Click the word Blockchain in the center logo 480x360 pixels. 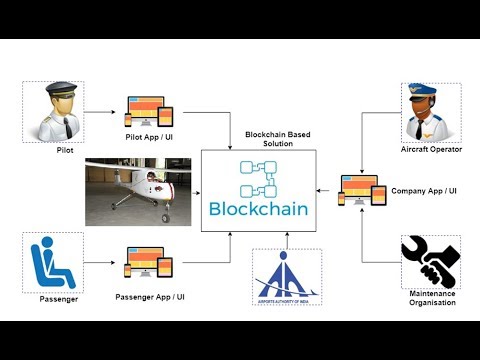click(258, 209)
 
